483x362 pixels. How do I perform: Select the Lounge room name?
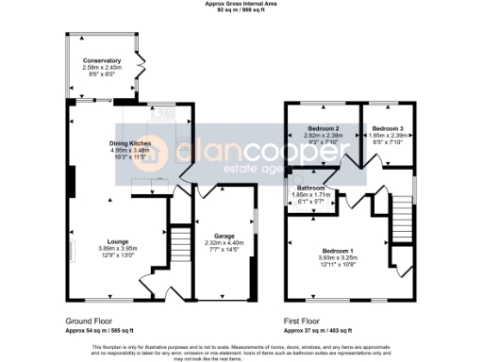pos(118,240)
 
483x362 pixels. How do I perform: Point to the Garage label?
pos(225,237)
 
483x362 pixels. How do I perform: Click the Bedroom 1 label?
pos(337,251)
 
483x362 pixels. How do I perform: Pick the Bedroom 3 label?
pos(387,128)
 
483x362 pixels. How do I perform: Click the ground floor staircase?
pos(178,248)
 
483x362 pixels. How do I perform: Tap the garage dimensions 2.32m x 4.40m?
pos(225,243)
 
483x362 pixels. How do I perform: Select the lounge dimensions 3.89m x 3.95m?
pos(118,248)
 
